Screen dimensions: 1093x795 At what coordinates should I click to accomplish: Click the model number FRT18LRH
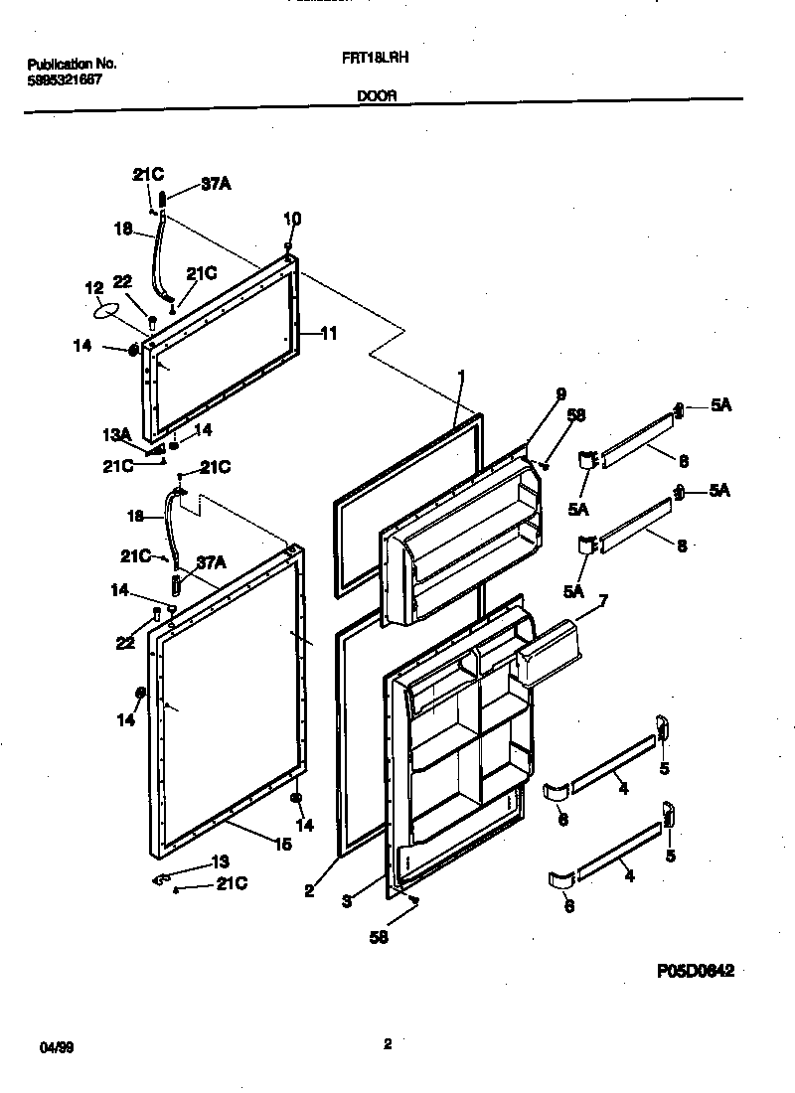[384, 59]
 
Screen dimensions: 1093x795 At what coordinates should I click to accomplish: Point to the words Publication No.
[71, 64]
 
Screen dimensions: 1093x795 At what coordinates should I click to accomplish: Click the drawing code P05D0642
[695, 971]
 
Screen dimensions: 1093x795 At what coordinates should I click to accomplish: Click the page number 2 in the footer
[388, 1043]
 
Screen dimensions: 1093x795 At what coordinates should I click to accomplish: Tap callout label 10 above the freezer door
[292, 219]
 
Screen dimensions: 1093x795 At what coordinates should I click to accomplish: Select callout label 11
[328, 334]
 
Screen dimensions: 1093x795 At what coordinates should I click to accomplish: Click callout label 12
[93, 288]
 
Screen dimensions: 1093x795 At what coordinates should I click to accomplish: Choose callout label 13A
[117, 434]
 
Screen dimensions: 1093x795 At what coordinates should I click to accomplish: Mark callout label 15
[282, 845]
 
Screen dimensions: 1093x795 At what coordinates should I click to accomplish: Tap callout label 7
[602, 599]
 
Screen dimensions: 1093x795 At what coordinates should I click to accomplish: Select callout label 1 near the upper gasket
[461, 378]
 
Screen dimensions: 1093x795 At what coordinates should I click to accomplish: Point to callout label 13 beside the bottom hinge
[222, 862]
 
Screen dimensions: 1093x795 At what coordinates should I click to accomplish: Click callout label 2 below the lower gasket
[309, 891]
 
